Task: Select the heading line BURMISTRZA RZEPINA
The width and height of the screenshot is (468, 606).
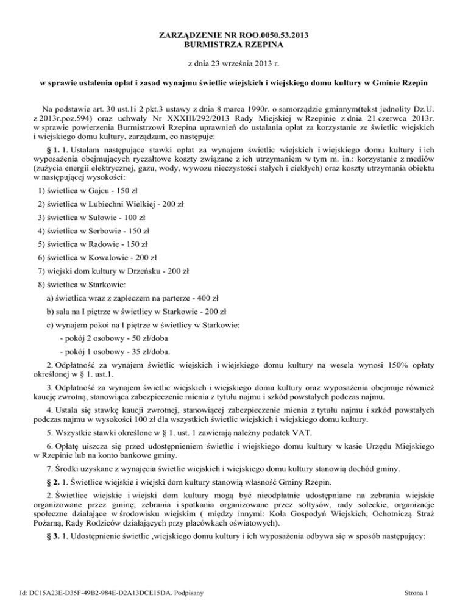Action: [234, 45]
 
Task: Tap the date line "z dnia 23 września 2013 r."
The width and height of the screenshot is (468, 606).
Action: [234, 63]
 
